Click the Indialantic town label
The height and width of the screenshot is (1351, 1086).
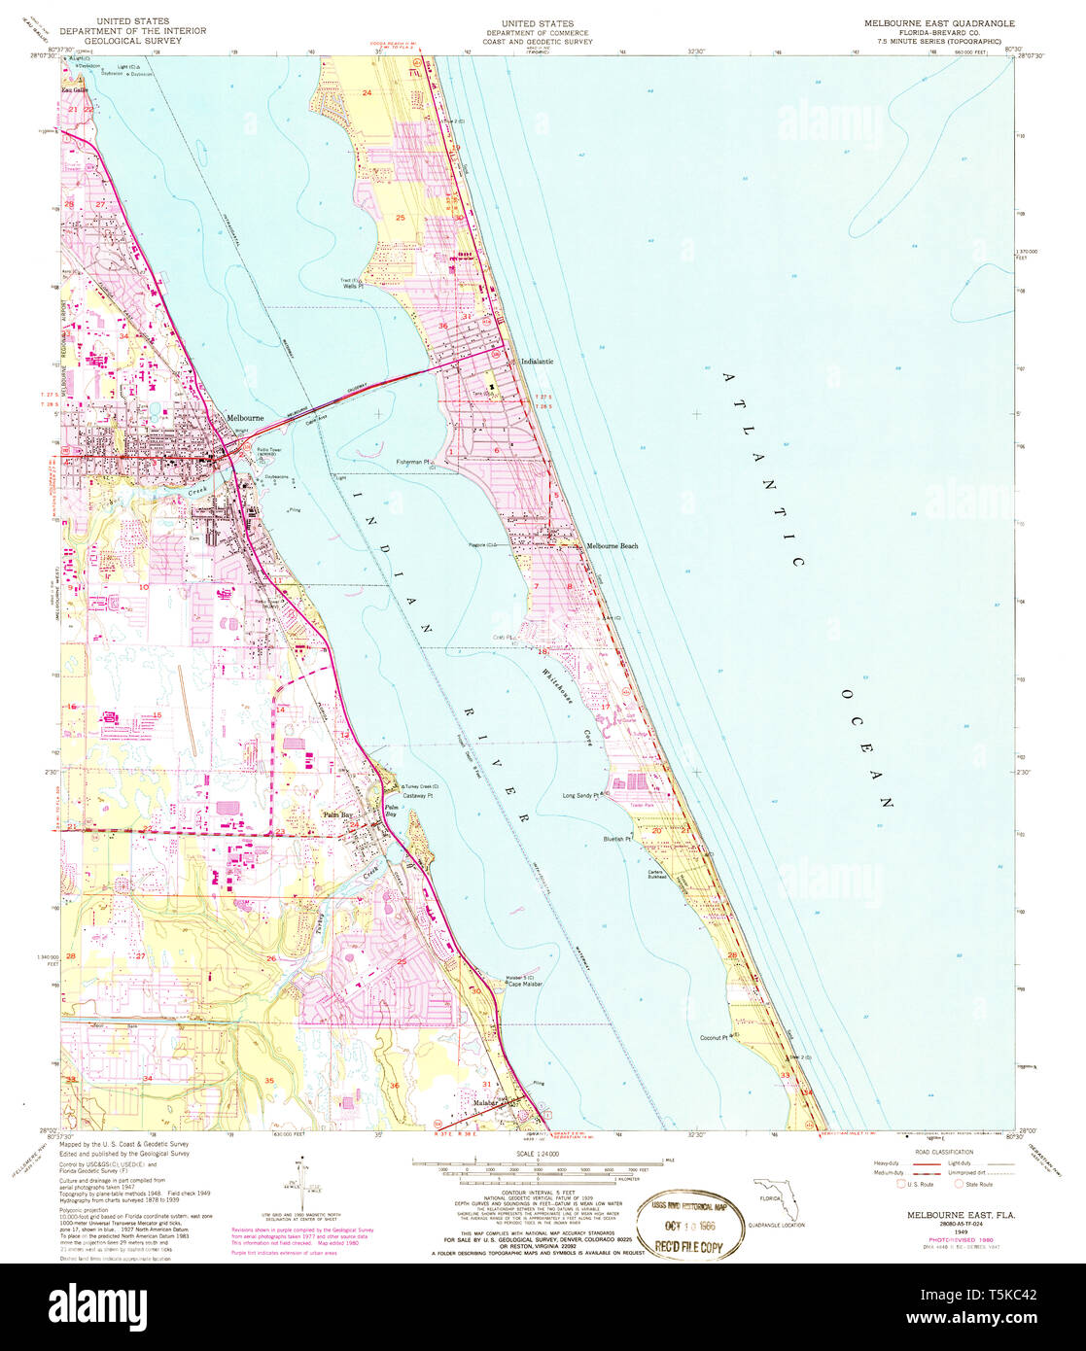537,362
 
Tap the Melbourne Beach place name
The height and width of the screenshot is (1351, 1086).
612,546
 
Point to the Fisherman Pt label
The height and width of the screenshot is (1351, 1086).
413,462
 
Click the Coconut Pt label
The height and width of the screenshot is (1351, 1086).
719,1037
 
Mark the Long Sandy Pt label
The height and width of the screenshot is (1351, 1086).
584,795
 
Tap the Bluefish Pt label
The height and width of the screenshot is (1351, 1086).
617,838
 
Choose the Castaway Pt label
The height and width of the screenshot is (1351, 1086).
416,795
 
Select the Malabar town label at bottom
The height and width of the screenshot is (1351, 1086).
485,1103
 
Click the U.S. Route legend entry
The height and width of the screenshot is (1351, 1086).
919,1184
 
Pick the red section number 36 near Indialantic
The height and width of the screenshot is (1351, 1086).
443,326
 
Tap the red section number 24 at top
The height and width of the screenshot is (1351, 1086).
368,92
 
